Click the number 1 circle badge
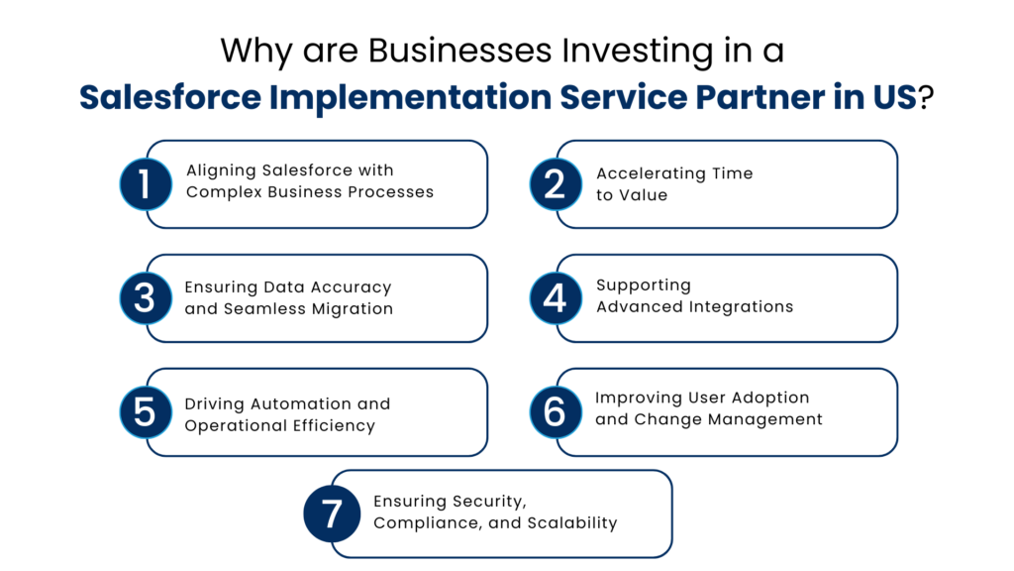click(146, 184)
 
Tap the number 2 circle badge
click(556, 184)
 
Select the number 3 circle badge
click(146, 298)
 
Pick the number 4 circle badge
click(556, 298)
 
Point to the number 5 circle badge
click(146, 412)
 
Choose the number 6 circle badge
click(556, 412)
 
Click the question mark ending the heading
click(926, 98)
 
